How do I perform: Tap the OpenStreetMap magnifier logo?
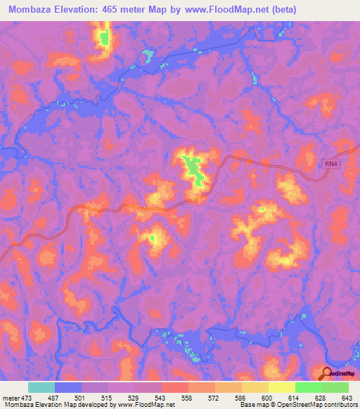(327, 372)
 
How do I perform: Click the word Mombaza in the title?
(33, 10)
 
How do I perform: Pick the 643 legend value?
(346, 397)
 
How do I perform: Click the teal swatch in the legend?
(41, 387)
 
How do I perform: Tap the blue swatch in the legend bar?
(68, 387)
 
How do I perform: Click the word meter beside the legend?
(11, 397)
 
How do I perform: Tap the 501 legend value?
(83, 397)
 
